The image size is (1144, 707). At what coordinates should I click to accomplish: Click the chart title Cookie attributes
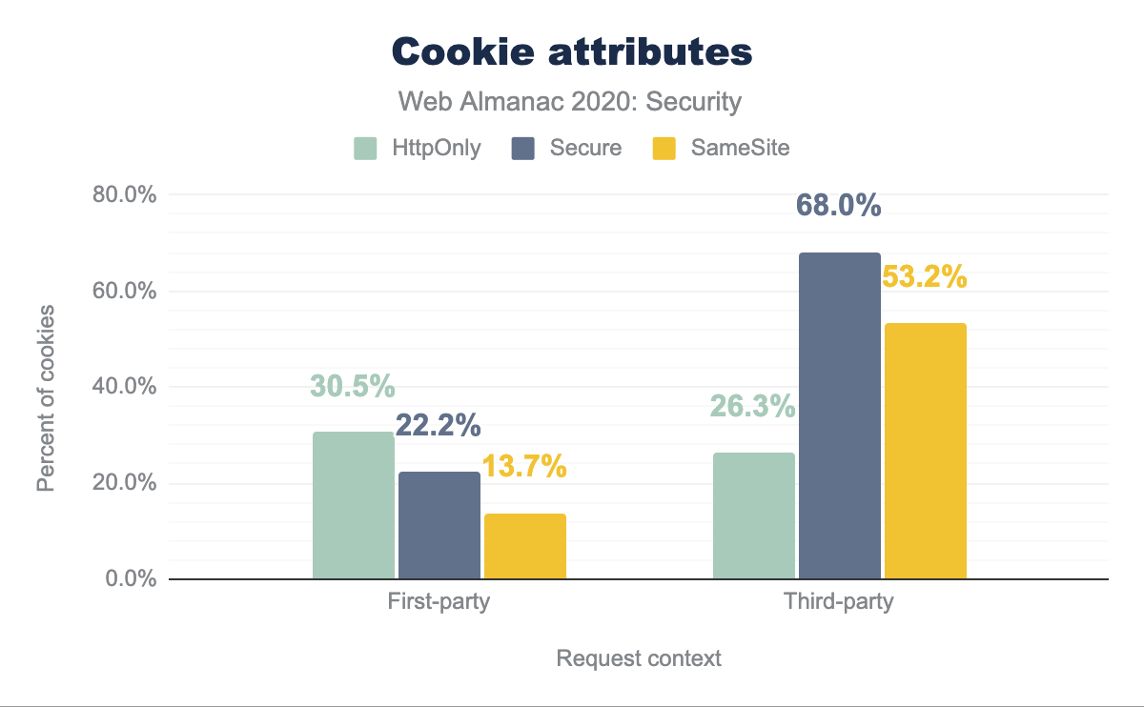tap(572, 52)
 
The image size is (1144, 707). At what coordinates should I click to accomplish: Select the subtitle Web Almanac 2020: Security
tap(570, 102)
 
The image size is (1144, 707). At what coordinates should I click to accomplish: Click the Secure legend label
tap(584, 149)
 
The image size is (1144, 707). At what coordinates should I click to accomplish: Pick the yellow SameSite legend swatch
tap(664, 149)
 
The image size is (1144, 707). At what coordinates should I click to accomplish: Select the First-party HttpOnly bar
tap(353, 505)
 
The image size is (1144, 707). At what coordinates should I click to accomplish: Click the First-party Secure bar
tap(439, 525)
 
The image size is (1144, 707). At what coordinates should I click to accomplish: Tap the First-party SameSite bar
tap(524, 546)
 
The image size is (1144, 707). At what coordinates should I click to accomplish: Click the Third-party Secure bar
tap(839, 415)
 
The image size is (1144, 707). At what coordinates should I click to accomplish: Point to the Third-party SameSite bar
tap(925, 451)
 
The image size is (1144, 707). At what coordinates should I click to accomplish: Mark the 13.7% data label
tap(524, 467)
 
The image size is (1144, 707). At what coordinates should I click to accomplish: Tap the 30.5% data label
tap(352, 386)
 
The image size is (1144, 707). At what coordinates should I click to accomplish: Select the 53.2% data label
tap(925, 277)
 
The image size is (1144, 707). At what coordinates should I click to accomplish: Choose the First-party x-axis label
tap(439, 602)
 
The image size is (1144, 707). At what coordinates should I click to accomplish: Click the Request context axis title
tap(639, 658)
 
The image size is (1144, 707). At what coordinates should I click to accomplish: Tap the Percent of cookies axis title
tap(45, 398)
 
